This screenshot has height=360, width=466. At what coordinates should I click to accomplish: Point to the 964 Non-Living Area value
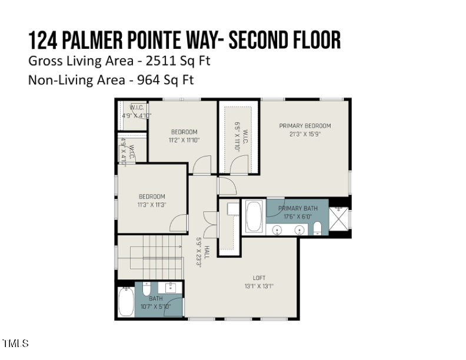tap(147, 79)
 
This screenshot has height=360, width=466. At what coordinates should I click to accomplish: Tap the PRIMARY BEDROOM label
tap(305, 126)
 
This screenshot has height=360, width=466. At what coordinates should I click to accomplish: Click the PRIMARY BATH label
tap(298, 209)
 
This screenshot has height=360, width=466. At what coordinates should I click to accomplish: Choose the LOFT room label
tap(259, 278)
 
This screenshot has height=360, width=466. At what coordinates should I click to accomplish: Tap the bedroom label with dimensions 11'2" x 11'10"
tap(184, 132)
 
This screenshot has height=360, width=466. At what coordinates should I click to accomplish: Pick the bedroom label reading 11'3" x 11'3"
tap(152, 196)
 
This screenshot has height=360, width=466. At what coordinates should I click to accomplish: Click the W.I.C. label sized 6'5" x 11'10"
tap(238, 136)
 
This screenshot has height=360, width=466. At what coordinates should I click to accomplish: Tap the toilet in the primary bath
tap(317, 228)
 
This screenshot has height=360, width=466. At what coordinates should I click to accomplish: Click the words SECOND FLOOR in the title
tap(284, 40)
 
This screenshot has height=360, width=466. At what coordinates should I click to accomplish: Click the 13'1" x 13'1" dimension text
tap(259, 286)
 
